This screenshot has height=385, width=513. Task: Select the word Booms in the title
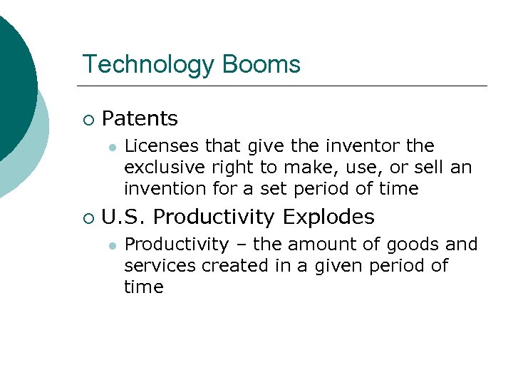(261, 64)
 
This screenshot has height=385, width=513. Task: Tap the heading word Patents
(140, 118)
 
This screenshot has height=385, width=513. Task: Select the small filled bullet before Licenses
(111, 147)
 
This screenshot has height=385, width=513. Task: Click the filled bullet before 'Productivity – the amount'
(111, 245)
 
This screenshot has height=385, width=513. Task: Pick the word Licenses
(161, 146)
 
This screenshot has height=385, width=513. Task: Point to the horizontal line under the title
(285, 86)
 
